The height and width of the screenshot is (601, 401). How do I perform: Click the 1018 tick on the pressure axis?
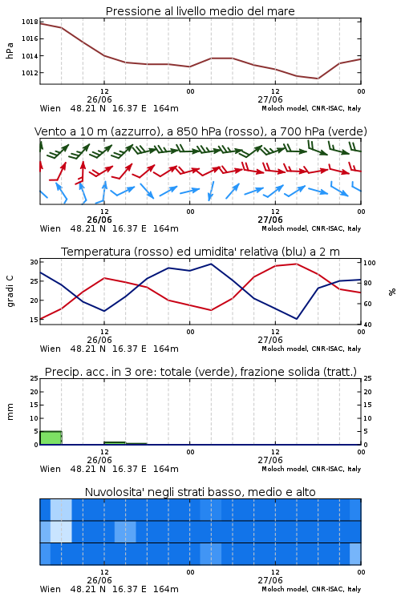coord(30,22)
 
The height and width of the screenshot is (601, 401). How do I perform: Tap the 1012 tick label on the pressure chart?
coord(30,73)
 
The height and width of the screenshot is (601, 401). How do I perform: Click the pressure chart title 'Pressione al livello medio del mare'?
coord(200,11)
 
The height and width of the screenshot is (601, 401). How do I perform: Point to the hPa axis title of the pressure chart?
coord(10,50)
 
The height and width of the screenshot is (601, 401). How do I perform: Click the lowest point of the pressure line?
coord(318,79)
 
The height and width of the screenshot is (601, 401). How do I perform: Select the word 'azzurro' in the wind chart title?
coord(135,132)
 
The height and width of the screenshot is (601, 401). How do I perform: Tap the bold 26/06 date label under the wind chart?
coord(99,220)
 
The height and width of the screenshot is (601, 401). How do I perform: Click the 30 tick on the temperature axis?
coord(34,262)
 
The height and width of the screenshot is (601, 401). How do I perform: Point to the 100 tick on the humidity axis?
coord(370,263)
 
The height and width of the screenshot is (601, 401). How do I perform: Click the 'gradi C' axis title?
coord(10,291)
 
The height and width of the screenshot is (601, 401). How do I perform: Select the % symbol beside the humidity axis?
coord(392,292)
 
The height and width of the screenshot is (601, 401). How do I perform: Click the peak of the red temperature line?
coord(296,264)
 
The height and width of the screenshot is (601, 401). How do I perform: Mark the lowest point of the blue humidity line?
coord(296,319)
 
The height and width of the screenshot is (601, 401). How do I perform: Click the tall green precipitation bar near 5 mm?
coord(51,438)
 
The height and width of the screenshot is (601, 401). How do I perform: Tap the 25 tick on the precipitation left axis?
coord(34,378)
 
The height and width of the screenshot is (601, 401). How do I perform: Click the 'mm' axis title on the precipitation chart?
coord(10,412)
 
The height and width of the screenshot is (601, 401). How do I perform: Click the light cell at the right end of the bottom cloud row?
coord(355,554)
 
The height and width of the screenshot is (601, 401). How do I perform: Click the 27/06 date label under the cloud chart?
coord(270,580)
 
